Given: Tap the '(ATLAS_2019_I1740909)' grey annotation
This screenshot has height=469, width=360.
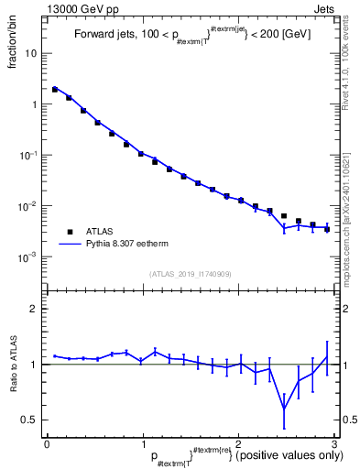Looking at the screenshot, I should coord(190,274).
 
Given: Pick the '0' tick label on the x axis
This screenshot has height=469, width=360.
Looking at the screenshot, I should coord(47,442).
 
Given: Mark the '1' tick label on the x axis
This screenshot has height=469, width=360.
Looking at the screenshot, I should coord(142,442).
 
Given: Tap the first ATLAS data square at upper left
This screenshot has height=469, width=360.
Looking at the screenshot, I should coord(55,90).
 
